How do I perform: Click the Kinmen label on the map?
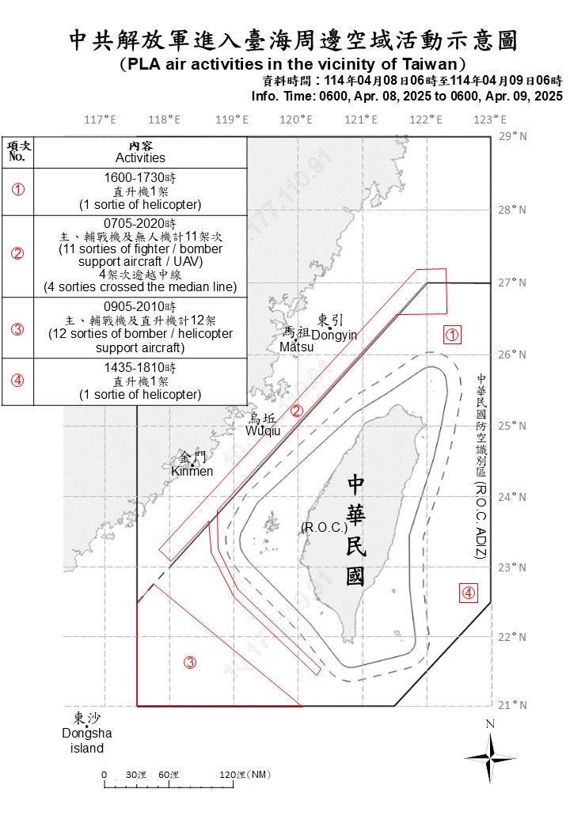point(192,472)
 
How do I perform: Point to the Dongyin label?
point(334,335)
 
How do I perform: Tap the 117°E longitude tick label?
point(100,119)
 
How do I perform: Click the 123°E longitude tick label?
point(490,119)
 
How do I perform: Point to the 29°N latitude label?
point(513,136)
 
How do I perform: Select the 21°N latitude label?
point(513,705)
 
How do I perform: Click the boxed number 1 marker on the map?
point(452,336)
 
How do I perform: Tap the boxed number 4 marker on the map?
point(469,592)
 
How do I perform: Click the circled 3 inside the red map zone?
point(190,662)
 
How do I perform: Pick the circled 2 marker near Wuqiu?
point(296,410)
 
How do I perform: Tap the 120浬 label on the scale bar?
point(245,774)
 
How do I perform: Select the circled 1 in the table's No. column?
point(17,191)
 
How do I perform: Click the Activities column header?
point(140,157)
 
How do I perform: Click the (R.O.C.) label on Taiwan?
point(320,527)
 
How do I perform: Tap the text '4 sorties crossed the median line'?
point(140,287)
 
